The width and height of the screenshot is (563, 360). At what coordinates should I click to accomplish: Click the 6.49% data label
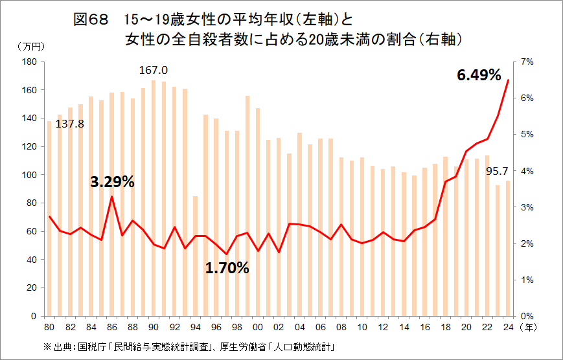coord(479,75)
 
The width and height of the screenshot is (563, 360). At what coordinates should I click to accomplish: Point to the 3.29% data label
coord(112,182)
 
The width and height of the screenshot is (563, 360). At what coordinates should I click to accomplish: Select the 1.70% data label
coord(227,267)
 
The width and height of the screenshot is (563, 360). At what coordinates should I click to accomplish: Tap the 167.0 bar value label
coord(154,70)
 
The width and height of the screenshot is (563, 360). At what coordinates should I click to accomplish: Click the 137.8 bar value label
coord(70,123)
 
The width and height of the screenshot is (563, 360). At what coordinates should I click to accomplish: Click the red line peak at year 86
coord(112,196)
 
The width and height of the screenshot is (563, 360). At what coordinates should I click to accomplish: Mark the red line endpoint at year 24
coord(509,80)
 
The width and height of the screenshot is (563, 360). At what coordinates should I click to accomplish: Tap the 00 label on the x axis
coord(258,327)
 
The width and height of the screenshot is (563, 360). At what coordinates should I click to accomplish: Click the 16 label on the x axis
coord(425,327)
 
